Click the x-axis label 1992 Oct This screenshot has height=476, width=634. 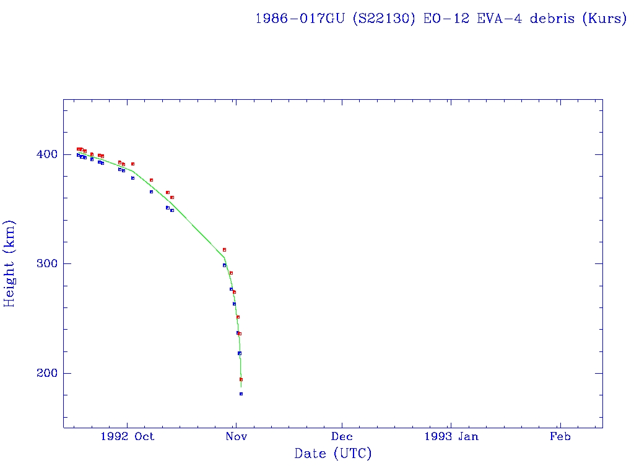(127, 436)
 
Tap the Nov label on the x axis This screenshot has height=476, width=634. (236, 436)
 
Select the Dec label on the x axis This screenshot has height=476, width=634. (342, 436)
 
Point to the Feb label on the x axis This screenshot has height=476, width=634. (560, 436)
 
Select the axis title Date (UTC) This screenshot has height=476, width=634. (333, 454)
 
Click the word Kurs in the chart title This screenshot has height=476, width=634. (605, 19)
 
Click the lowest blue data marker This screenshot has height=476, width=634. (241, 394)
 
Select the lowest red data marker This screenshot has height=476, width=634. (241, 379)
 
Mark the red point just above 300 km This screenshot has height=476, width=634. (224, 249)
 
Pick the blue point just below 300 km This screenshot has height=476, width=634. (224, 265)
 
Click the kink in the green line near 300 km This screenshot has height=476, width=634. (224, 257)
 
